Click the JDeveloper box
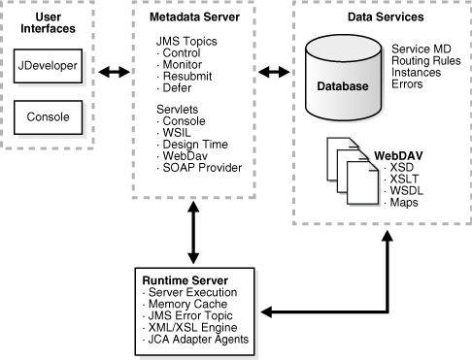pyautogui.click(x=48, y=66)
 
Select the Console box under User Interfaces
pyautogui.click(x=48, y=117)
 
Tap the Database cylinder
pyautogui.click(x=344, y=78)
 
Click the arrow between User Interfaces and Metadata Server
pyautogui.click(x=114, y=72)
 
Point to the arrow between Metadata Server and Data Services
pyautogui.click(x=274, y=72)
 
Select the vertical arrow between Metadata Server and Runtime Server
pyautogui.click(x=193, y=233)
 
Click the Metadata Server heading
pyautogui.click(x=194, y=17)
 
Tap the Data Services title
pyautogui.click(x=386, y=17)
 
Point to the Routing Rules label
pyautogui.click(x=426, y=61)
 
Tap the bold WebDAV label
pyautogui.click(x=398, y=156)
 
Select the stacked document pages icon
pyautogui.click(x=354, y=172)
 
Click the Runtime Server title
pyautogui.click(x=185, y=280)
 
